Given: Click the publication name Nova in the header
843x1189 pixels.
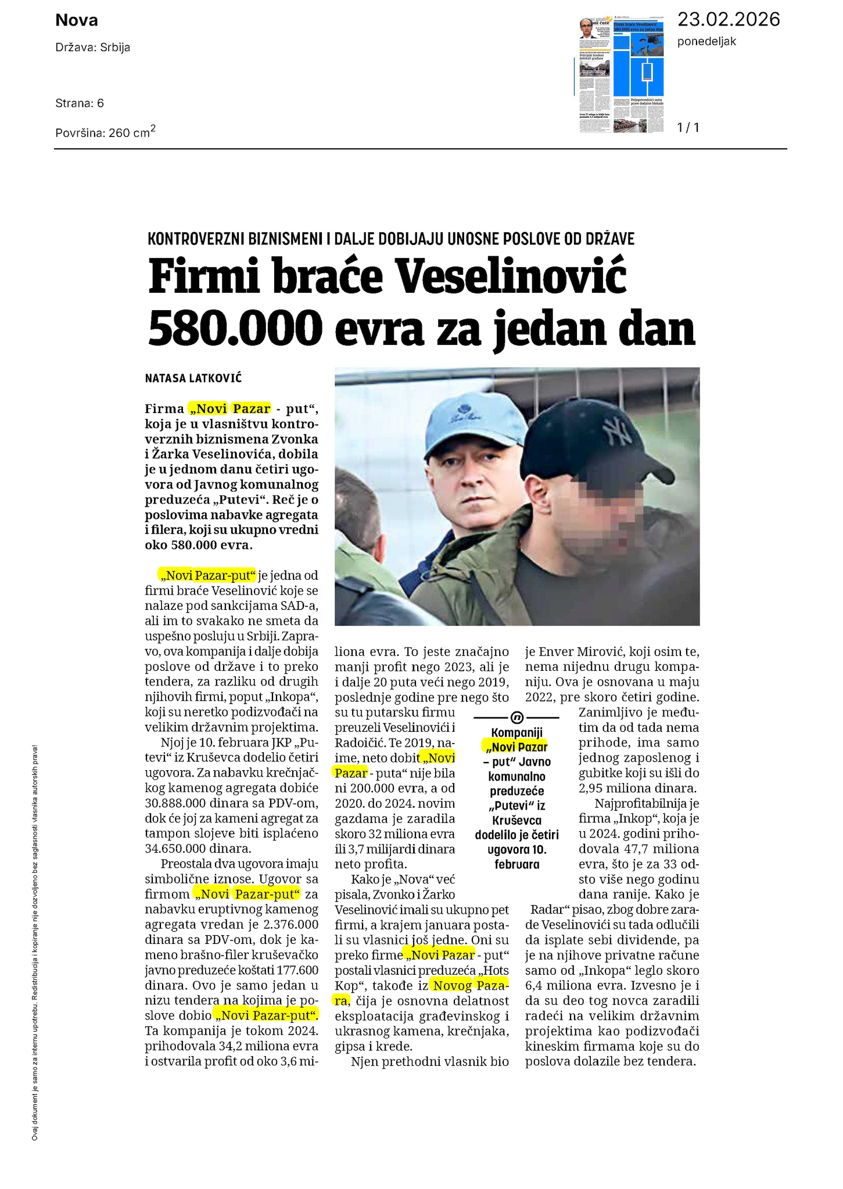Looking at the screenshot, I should click(77, 21).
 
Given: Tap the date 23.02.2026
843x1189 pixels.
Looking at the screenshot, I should click(729, 20).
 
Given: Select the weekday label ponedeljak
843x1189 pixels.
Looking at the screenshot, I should click(706, 42).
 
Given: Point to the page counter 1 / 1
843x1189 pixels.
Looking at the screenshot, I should click(688, 128).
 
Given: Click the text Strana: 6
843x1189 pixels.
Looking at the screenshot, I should click(80, 103).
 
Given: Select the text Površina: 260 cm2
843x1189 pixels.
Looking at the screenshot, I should click(105, 132).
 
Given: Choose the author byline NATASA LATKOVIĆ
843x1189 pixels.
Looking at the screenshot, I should click(193, 379).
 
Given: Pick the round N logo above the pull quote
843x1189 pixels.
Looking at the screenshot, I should click(516, 717).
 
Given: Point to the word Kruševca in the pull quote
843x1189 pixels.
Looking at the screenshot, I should click(516, 821).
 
